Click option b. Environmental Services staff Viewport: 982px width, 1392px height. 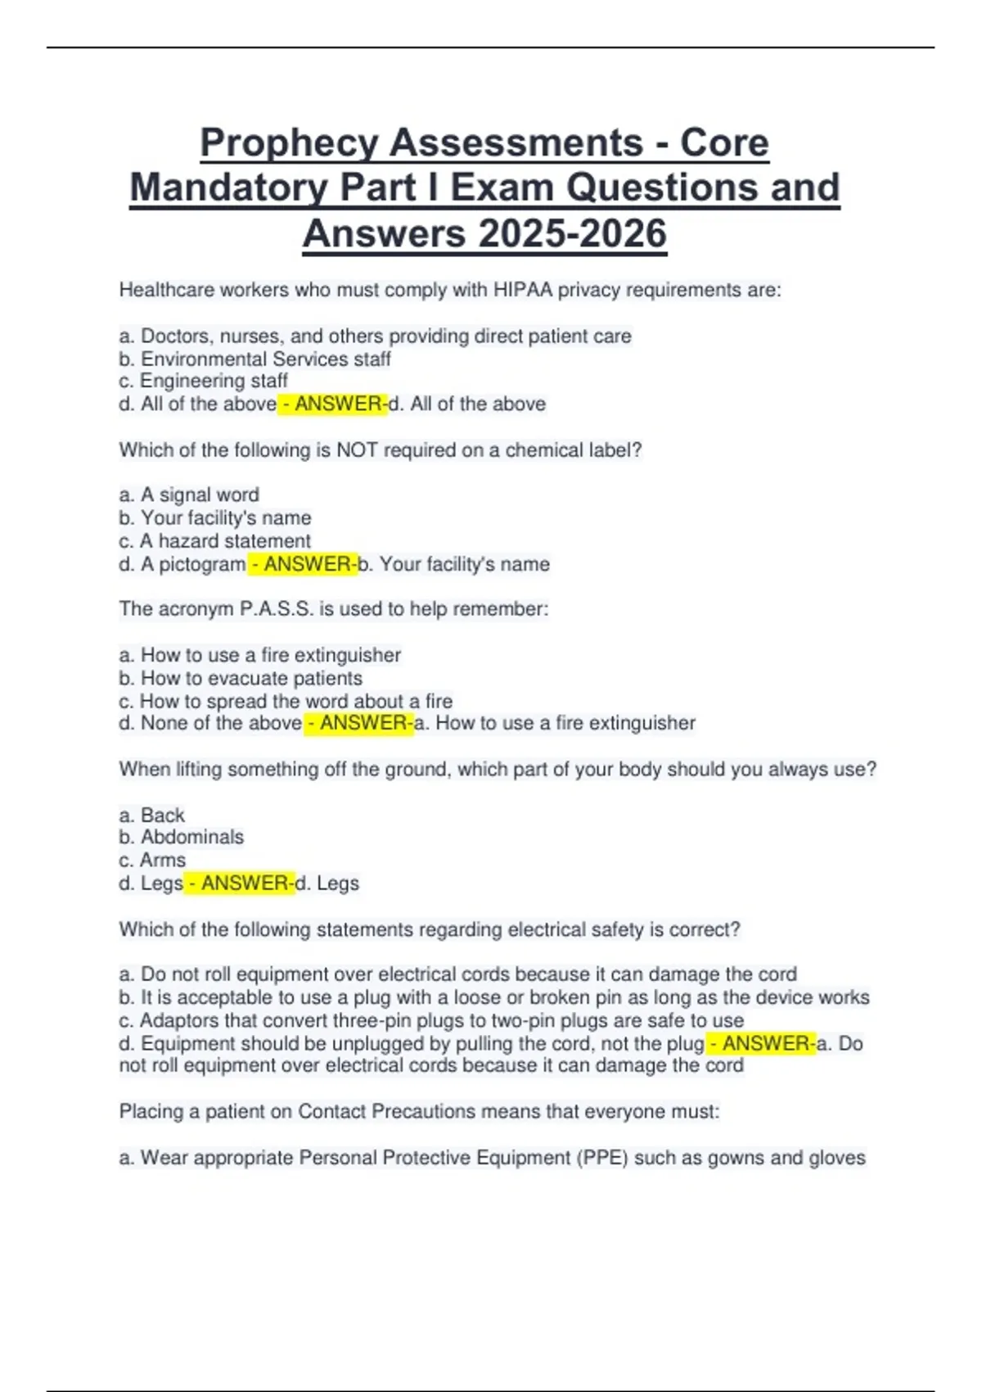(255, 359)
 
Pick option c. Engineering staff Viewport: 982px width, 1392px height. (203, 381)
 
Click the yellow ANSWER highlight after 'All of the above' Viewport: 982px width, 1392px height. (332, 404)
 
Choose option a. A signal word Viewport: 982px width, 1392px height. (189, 495)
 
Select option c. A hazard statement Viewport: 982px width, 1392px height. (214, 541)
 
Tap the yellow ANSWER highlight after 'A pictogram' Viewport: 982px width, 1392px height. (302, 564)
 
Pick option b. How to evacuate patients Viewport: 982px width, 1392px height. (241, 678)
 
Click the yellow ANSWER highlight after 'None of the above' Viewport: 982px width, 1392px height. (358, 723)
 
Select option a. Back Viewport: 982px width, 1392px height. (152, 816)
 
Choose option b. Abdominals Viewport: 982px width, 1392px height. (182, 837)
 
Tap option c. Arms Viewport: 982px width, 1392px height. (152, 860)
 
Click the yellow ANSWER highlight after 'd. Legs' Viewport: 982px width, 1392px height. (239, 884)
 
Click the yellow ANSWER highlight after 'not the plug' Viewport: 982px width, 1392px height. (761, 1044)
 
